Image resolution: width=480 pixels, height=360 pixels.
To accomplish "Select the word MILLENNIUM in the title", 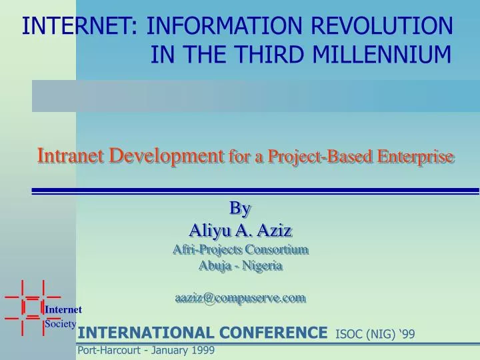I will point(383,53).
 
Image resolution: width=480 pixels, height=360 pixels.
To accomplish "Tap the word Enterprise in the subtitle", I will point(416,157).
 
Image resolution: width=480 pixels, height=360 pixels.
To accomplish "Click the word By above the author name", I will point(240,209).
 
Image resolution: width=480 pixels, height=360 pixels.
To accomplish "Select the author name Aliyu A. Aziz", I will point(241,231).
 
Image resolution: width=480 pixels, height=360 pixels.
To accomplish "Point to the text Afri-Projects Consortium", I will point(241,249).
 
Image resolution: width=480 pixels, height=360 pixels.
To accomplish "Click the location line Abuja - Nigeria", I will point(241,265).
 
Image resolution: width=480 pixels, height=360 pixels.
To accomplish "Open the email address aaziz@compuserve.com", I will point(241,298).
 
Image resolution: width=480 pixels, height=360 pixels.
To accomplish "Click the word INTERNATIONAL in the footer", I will point(145,333).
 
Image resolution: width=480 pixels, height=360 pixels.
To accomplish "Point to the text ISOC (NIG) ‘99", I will point(375,334).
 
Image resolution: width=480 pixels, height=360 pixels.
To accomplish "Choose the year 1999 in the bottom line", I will point(202,350).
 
